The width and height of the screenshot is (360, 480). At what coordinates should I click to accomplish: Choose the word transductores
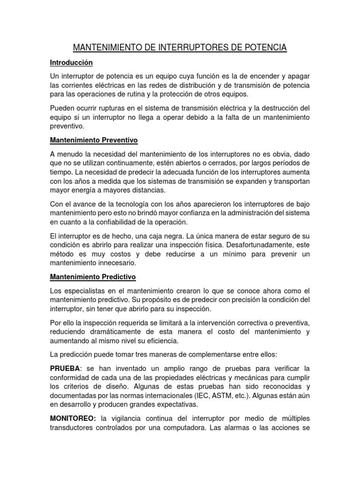[73, 427]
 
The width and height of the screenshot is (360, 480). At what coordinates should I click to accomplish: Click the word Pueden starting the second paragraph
[63, 108]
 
